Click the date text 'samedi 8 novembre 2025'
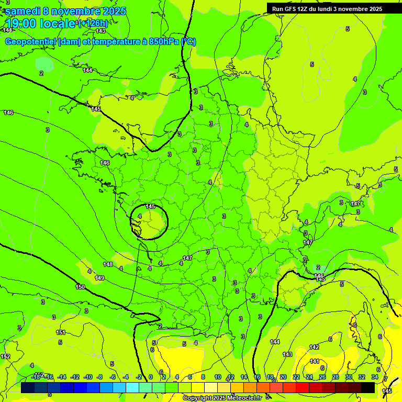[65, 11]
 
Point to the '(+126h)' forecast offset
[93, 23]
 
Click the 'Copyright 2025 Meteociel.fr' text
[222, 398]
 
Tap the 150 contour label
[80, 287]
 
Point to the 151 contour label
[61, 332]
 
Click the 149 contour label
[99, 278]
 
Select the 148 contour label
[108, 264]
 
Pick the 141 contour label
[315, 361]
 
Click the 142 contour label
[314, 347]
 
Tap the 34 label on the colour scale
[375, 377]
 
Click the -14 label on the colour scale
[62, 377]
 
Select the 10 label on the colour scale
[218, 377]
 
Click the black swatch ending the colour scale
[368, 387]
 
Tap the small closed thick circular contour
[149, 222]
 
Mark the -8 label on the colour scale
[99, 377]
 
